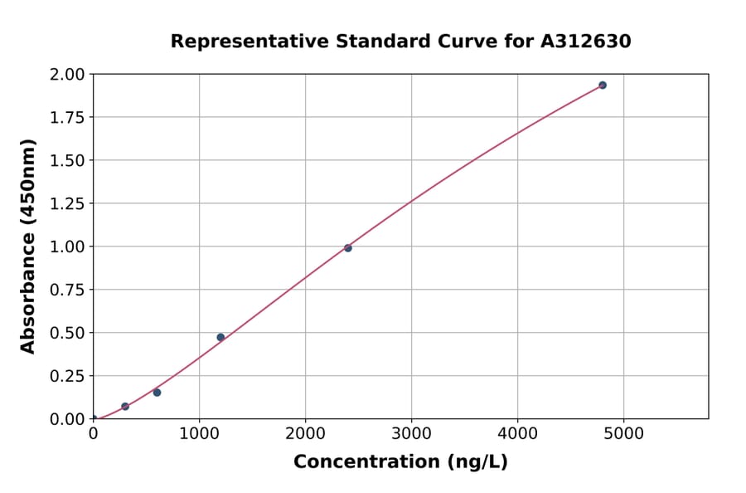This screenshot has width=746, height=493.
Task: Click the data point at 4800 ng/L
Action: click(603, 85)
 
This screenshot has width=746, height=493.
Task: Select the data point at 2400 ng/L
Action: click(348, 248)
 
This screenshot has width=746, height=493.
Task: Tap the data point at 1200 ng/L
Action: click(220, 337)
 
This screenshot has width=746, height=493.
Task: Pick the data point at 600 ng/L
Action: click(157, 393)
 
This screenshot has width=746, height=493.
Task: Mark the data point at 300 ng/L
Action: click(125, 407)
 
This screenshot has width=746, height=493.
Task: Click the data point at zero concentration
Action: click(94, 419)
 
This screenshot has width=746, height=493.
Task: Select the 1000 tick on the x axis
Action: click(199, 433)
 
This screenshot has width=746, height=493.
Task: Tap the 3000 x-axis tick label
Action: click(412, 433)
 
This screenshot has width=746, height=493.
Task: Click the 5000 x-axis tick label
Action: click(624, 433)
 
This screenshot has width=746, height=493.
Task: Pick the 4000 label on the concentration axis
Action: click(518, 433)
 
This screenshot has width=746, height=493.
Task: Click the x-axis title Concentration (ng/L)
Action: click(400, 462)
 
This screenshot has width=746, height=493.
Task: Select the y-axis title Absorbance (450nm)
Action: click(28, 247)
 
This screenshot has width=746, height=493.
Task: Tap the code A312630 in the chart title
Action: click(586, 41)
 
